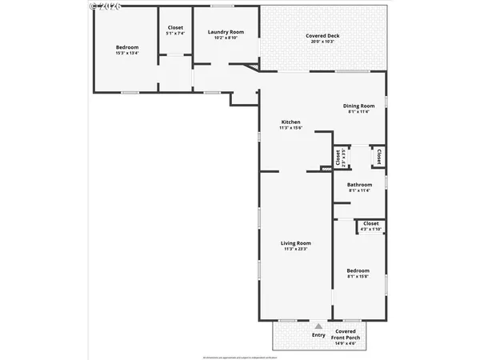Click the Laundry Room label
click(226, 32)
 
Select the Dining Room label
click(359, 106)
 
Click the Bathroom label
click(359, 185)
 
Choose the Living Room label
click(295, 243)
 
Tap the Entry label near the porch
click(318, 334)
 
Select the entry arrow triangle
click(318, 326)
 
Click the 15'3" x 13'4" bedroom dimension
click(127, 54)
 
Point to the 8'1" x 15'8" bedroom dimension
click(358, 277)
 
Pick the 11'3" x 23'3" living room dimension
click(295, 249)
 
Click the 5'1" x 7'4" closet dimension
click(174, 34)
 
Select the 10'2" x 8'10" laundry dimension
click(226, 38)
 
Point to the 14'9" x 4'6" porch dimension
click(346, 345)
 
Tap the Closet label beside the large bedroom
click(174, 28)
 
